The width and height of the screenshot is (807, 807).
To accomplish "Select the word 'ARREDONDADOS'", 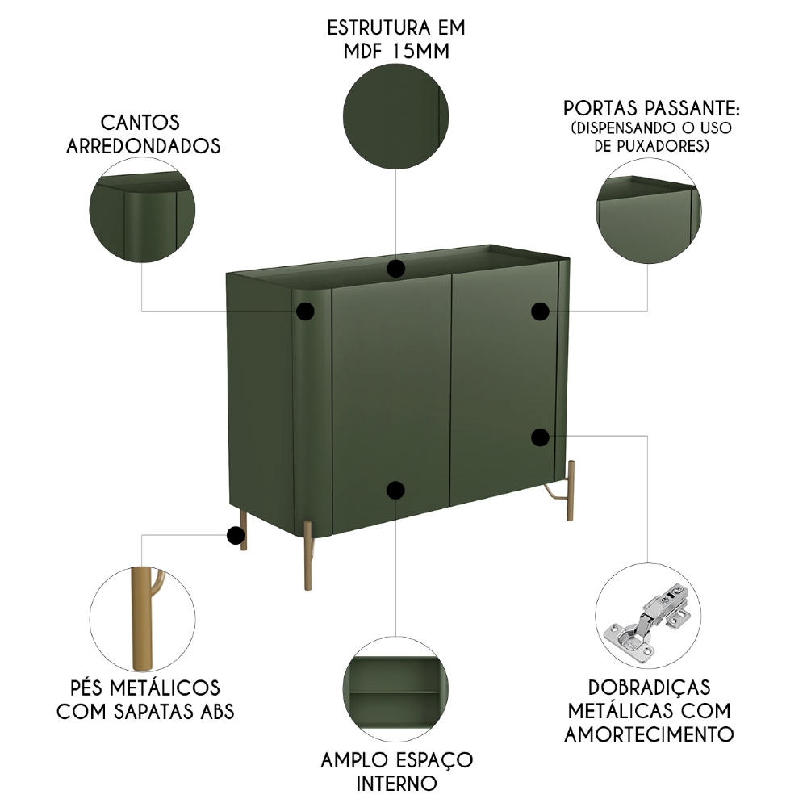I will coord(154,146).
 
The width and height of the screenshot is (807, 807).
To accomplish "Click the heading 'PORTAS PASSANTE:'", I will coord(650,109).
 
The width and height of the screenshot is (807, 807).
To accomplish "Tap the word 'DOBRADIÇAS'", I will coord(649,688).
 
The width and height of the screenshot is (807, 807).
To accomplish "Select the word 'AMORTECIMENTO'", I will coord(649,734).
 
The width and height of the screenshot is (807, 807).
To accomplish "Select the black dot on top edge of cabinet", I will coord(395,269).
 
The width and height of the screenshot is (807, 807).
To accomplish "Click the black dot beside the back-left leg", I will coord(235,535).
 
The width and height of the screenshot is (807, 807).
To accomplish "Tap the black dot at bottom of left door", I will coord(395,490).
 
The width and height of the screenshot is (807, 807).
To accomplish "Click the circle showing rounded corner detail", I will coord(142,210).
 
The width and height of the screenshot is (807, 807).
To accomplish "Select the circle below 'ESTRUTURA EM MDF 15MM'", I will coord(395,118).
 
